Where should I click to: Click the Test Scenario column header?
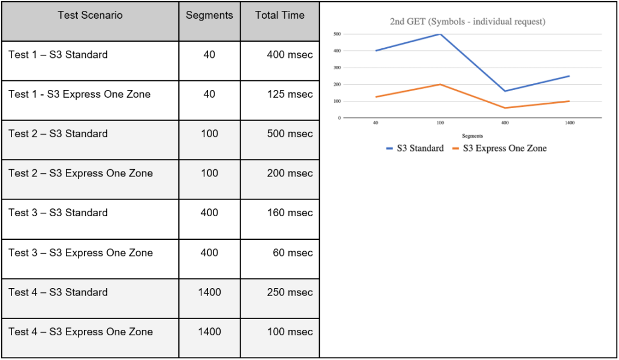coord(90,15)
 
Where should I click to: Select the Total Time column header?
coord(280,15)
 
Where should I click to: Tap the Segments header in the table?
coord(209,15)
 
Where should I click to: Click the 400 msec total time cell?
coord(290,55)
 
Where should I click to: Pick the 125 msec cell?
coord(290,94)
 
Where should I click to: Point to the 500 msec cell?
coord(290,134)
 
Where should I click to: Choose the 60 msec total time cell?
coord(293,253)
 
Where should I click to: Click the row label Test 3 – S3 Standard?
coord(58,213)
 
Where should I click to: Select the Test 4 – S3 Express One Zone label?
coord(80,332)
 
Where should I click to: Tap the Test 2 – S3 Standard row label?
coord(58,134)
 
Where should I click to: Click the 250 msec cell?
coord(290,293)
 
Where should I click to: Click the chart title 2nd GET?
coord(467,22)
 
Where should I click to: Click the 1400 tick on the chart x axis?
coord(569,123)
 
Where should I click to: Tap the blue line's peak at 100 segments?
coord(440,34)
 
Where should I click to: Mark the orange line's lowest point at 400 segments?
coord(505,108)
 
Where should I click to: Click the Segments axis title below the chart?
coord(472,137)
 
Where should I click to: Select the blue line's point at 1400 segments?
coord(569,76)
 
